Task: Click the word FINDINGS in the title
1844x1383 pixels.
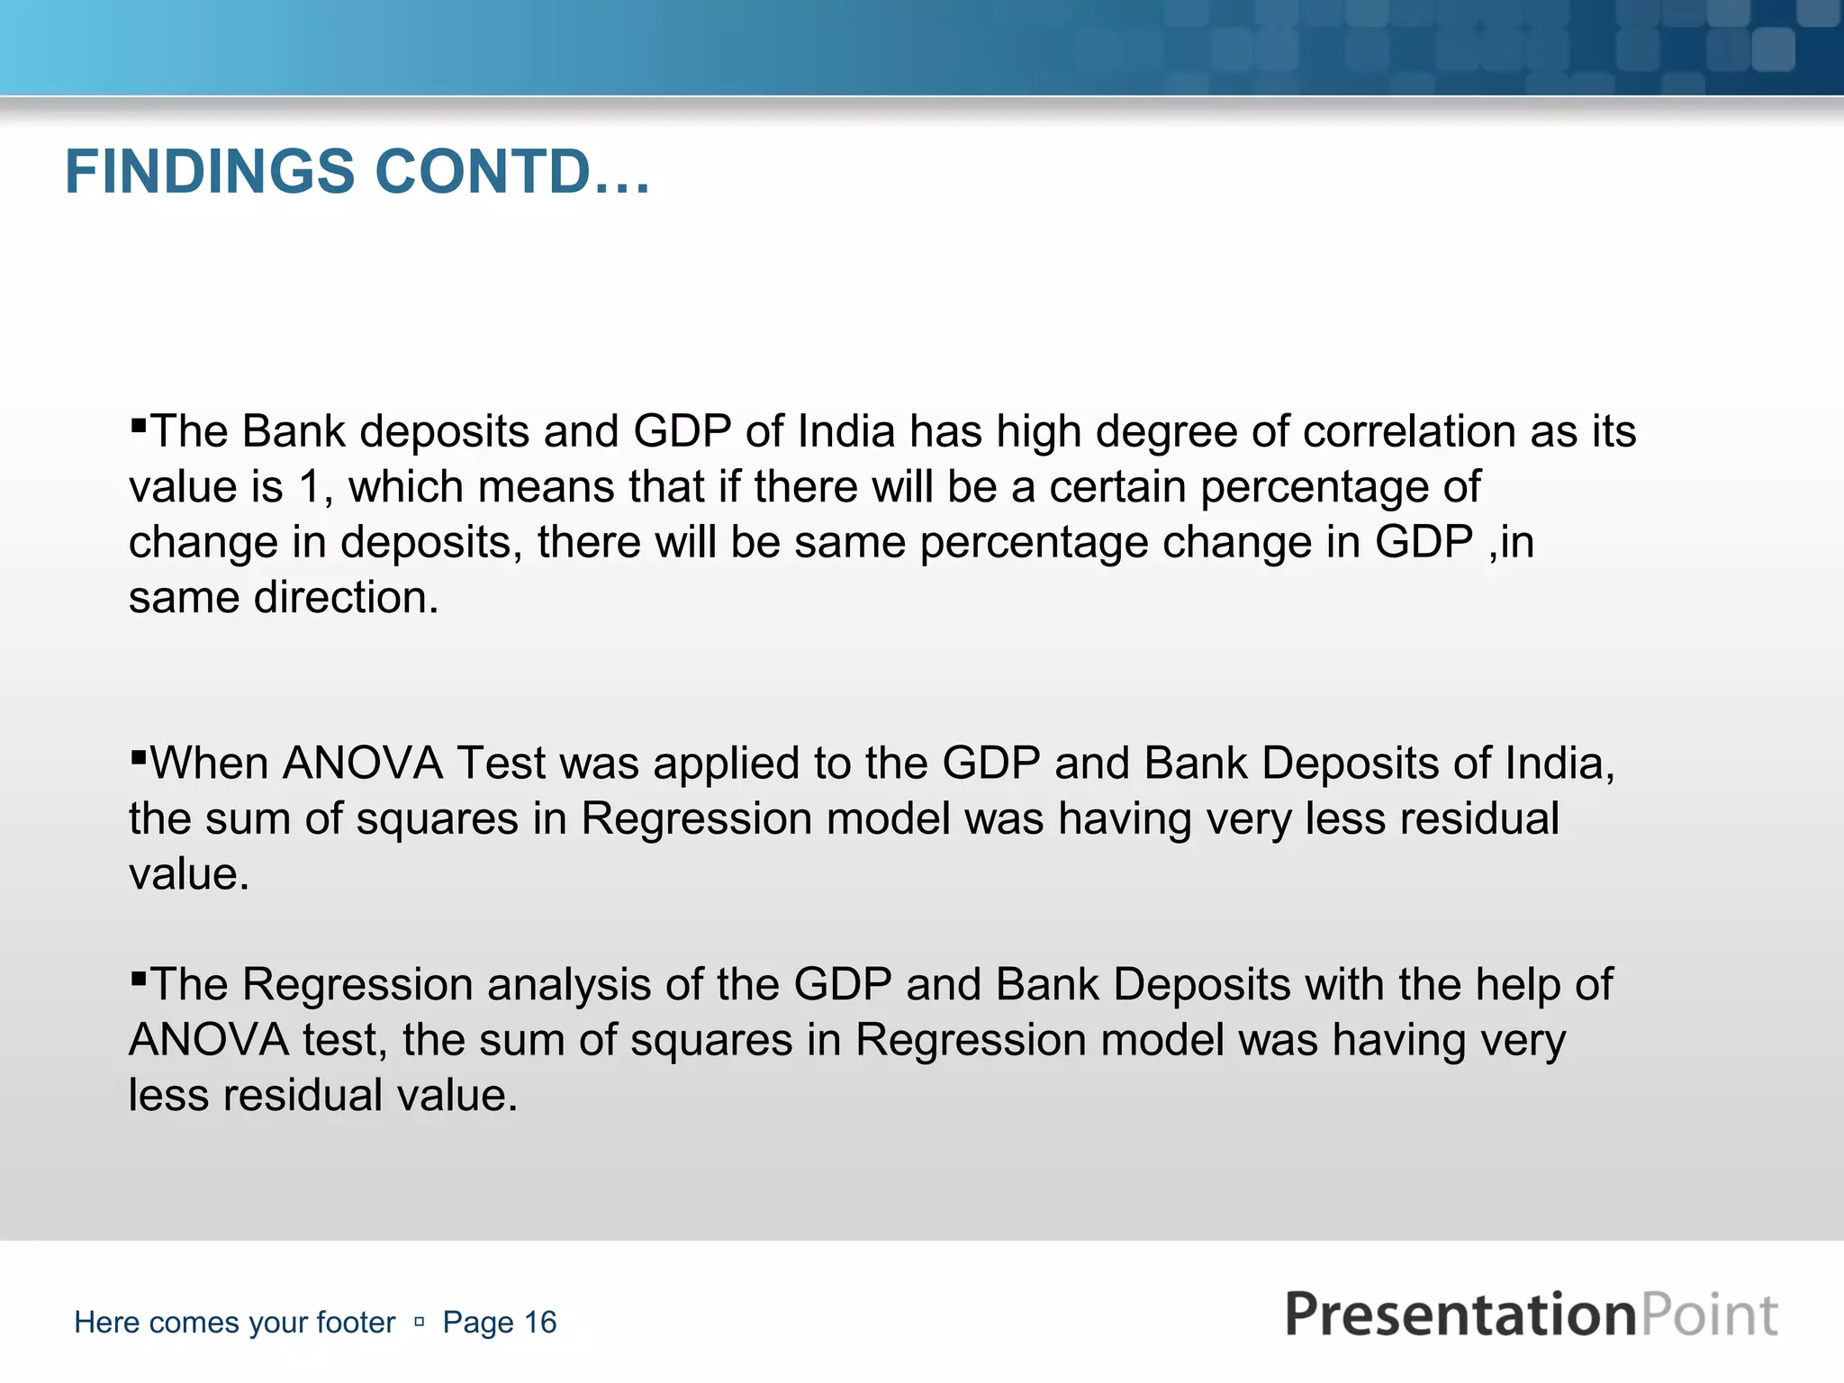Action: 210,172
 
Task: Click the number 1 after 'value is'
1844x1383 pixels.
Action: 309,487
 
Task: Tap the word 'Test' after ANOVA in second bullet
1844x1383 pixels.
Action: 501,764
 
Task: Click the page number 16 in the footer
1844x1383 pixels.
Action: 540,1322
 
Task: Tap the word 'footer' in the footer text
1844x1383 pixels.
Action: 356,1322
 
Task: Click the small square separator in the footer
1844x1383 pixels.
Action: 419,1322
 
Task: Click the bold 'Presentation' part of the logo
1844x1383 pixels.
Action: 1459,1315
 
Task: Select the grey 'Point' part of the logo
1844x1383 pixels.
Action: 1708,1315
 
